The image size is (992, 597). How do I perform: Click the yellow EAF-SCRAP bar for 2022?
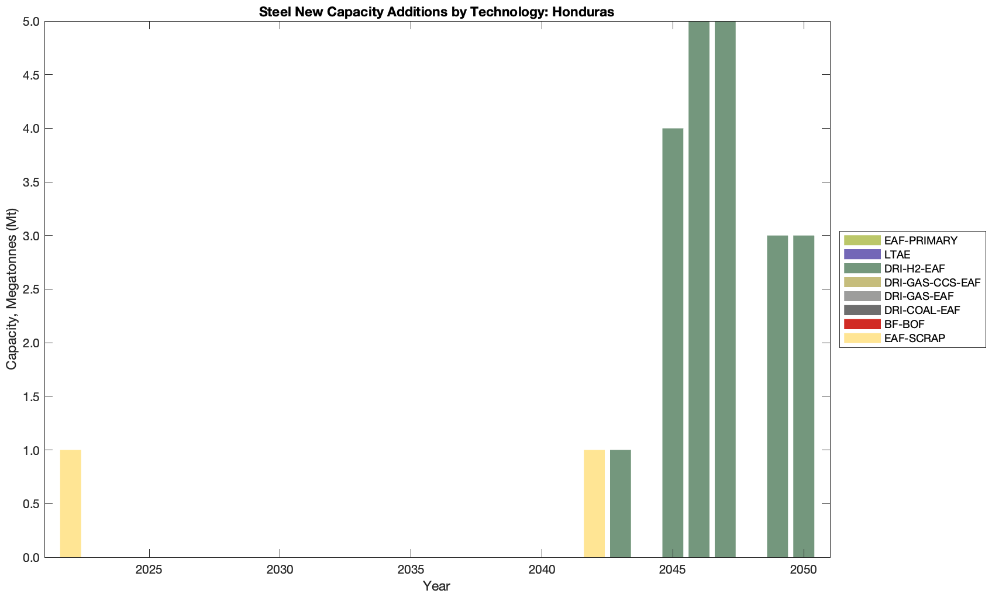[x=70, y=503]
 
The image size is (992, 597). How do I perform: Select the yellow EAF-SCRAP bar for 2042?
[x=594, y=503]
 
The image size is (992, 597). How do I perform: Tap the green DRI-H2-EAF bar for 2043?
[x=621, y=503]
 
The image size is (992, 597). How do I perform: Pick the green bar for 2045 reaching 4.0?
[x=673, y=343]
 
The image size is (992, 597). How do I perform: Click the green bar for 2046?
[x=699, y=289]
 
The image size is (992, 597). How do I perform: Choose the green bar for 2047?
[x=725, y=289]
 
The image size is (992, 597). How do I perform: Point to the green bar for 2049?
[x=777, y=396]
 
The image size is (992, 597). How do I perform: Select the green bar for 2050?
[x=804, y=396]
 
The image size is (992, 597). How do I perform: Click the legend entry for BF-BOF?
[x=904, y=325]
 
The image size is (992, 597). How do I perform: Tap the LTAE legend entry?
[x=897, y=254]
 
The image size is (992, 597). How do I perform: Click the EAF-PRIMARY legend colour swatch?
[x=862, y=240]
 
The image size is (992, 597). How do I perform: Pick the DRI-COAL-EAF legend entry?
[x=922, y=310]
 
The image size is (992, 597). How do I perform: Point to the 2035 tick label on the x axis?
[x=411, y=570]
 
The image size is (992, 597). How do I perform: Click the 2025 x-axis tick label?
[x=149, y=570]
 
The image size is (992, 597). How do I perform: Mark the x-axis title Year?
[x=436, y=586]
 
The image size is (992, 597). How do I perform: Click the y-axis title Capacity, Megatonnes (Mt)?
[x=12, y=289]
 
